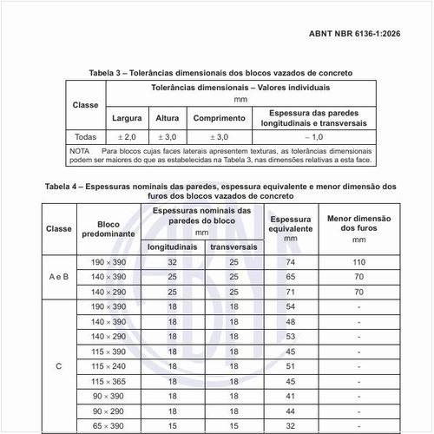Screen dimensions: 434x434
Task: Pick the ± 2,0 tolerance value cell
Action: pyautogui.click(x=127, y=137)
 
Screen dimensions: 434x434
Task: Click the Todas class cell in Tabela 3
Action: pyautogui.click(x=85, y=137)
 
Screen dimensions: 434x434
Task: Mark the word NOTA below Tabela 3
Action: pyautogui.click(x=79, y=151)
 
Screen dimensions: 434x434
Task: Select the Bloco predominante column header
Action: pyautogui.click(x=108, y=229)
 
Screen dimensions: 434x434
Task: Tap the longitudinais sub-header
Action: pyautogui.click(x=172, y=247)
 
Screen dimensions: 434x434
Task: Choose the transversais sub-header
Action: pyautogui.click(x=233, y=247)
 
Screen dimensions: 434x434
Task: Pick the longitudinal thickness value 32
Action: pyautogui.click(x=172, y=261)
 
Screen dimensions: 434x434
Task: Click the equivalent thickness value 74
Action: pyautogui.click(x=290, y=261)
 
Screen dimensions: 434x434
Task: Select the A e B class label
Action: pyautogui.click(x=59, y=276)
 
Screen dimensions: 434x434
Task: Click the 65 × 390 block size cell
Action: pyautogui.click(x=108, y=425)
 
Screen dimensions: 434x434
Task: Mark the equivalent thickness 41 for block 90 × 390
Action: pyautogui.click(x=290, y=396)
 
